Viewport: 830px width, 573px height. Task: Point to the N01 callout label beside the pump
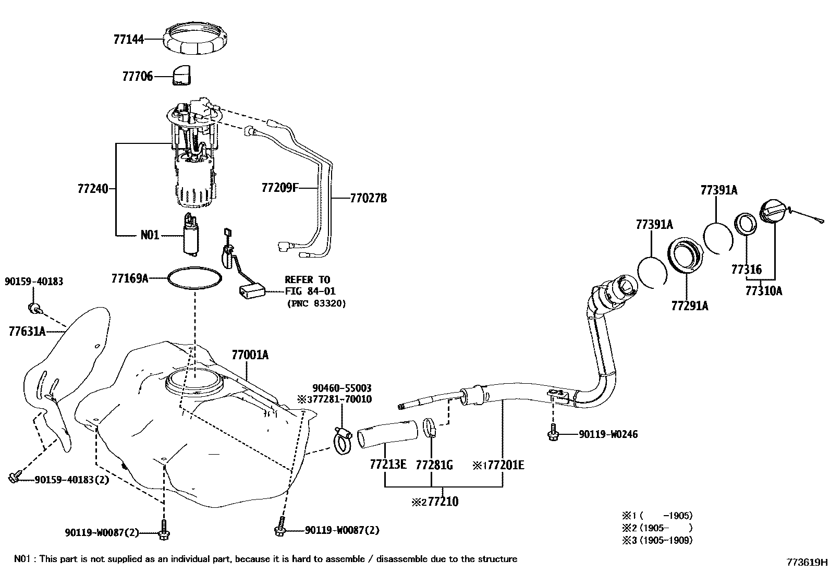(150, 235)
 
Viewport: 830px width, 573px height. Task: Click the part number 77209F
(280, 187)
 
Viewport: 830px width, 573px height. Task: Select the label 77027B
(369, 198)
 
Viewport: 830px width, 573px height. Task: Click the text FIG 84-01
(310, 291)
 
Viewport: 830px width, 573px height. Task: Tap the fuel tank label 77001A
(250, 355)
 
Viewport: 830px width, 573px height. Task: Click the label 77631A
(27, 331)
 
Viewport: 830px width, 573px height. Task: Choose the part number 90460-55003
(342, 388)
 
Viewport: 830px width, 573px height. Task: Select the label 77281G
(434, 465)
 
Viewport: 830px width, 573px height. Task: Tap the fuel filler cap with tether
(775, 212)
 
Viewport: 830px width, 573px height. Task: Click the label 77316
(746, 270)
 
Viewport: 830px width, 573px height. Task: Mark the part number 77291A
(689, 306)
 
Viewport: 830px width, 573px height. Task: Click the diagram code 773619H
(807, 562)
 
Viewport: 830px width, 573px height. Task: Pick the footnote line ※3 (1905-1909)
(657, 540)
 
